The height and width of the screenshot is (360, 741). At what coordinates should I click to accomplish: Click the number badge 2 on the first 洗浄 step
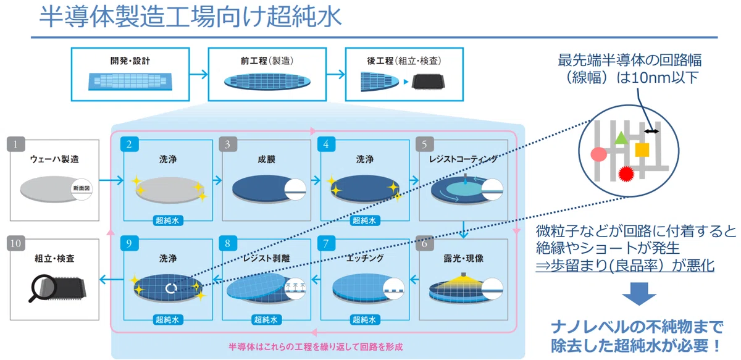(x=129, y=144)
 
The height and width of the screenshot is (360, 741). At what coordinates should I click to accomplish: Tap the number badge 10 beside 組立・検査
(x=16, y=243)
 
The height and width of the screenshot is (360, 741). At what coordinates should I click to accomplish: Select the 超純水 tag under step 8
(x=266, y=320)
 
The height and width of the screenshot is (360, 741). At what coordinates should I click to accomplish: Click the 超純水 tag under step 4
(x=364, y=220)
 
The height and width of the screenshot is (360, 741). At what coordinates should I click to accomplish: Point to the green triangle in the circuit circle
(x=621, y=138)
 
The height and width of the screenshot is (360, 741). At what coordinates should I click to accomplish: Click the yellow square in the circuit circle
(x=642, y=149)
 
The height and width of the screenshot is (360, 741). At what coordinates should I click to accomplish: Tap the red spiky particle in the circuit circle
(x=626, y=174)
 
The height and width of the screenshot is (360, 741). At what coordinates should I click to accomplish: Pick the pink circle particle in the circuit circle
(x=599, y=154)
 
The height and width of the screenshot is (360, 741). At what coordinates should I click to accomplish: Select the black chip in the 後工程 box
(x=428, y=82)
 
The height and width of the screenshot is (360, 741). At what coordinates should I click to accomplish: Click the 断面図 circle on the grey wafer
(x=82, y=188)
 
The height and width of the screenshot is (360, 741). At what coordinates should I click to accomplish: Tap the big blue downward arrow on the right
(x=638, y=293)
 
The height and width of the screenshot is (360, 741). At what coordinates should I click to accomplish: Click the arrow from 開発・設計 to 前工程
(x=199, y=74)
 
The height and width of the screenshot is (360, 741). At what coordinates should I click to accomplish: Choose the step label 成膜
(x=267, y=159)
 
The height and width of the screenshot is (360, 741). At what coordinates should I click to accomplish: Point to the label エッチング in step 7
(x=365, y=258)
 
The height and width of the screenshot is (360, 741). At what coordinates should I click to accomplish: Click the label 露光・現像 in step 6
(x=464, y=258)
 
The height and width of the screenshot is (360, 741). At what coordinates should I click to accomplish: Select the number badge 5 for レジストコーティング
(x=425, y=144)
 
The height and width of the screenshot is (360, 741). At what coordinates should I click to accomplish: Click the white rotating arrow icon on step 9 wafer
(x=171, y=288)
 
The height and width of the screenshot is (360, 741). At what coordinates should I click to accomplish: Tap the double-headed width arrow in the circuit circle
(x=651, y=132)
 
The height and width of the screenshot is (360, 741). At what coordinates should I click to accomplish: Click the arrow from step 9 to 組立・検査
(x=112, y=280)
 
